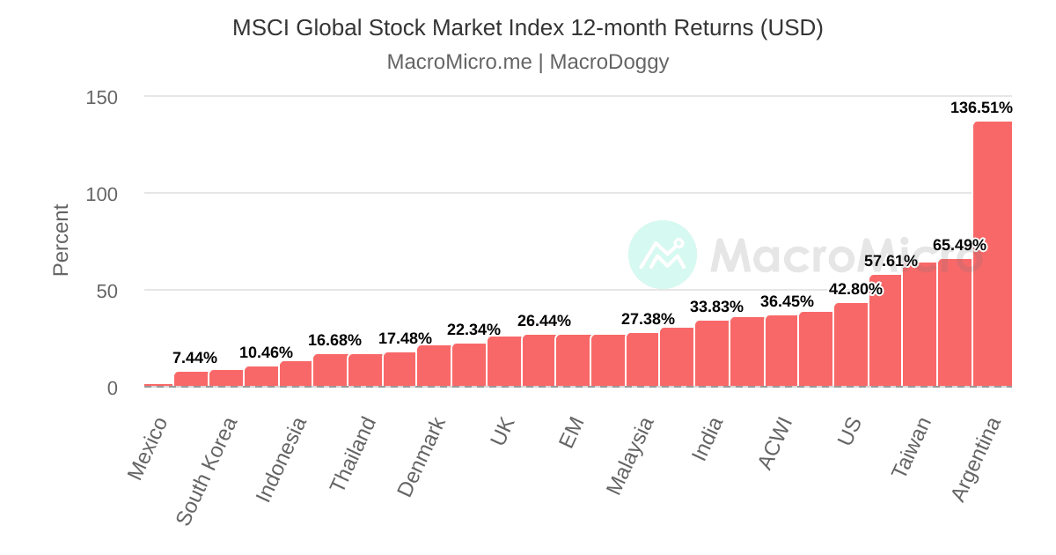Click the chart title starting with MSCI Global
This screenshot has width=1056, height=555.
(x=527, y=28)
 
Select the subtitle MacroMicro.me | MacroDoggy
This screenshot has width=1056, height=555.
(x=527, y=63)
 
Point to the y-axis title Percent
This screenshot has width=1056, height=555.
(x=60, y=240)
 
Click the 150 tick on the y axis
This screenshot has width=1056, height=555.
(x=102, y=97)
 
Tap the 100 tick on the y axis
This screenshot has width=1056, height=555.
(x=102, y=194)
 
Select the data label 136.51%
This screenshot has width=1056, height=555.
(x=981, y=108)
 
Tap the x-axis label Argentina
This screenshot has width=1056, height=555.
(x=978, y=459)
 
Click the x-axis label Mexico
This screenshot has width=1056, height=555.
(x=148, y=448)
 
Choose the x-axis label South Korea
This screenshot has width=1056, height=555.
(x=207, y=470)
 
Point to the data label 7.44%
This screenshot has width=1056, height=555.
(x=194, y=358)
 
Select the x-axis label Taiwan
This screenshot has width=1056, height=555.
(x=911, y=447)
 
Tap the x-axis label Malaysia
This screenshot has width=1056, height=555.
(x=630, y=455)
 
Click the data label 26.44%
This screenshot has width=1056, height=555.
(x=544, y=321)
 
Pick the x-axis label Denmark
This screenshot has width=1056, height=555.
(x=422, y=456)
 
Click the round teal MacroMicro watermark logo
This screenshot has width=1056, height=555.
(x=662, y=255)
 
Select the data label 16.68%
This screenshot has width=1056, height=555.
(x=334, y=340)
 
